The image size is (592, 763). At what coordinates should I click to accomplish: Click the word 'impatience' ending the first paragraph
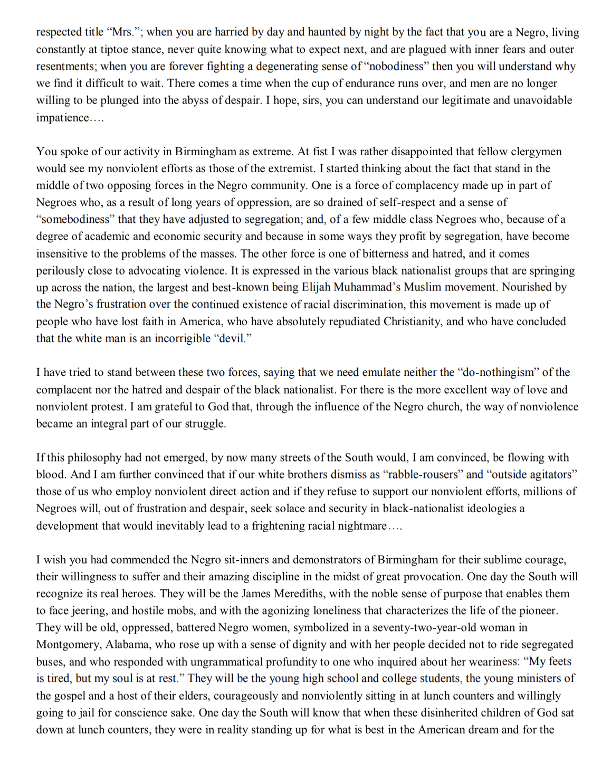point(62,118)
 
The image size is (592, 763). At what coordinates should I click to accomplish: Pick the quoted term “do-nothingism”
point(498,373)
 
